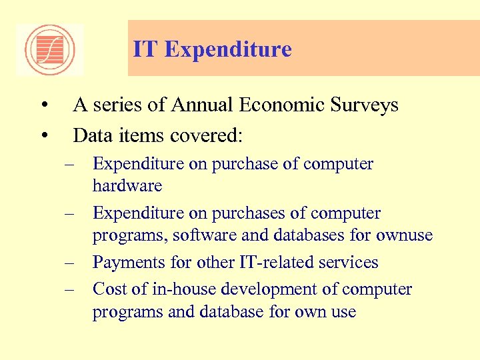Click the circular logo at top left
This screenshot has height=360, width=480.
[50, 50]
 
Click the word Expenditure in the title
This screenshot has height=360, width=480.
[228, 49]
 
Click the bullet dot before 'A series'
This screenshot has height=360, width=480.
[43, 105]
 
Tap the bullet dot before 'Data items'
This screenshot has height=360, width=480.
[43, 136]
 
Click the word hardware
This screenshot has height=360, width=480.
[127, 185]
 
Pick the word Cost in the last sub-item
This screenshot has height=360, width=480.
[107, 289]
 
